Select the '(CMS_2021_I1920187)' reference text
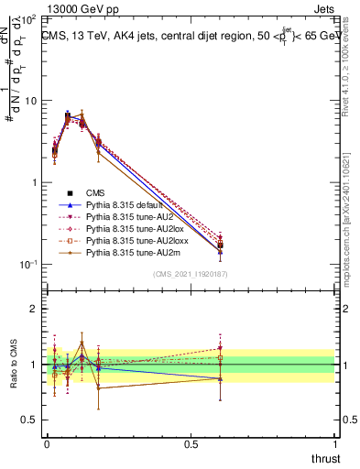(x=191, y=274)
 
